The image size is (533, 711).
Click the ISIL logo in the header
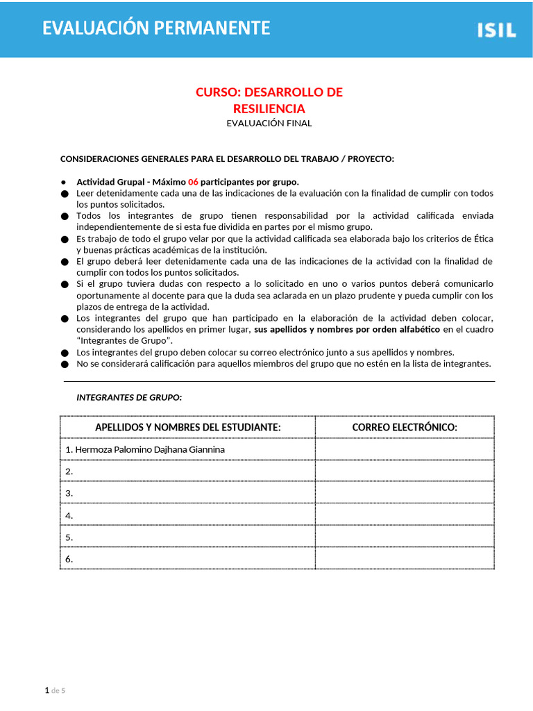point(496,30)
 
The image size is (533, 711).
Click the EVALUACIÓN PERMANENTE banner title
point(156,28)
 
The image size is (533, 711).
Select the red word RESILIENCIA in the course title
point(269,108)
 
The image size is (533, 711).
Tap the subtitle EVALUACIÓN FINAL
point(269,123)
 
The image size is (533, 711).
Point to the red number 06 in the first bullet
point(193,182)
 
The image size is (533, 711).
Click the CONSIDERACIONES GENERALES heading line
point(227,159)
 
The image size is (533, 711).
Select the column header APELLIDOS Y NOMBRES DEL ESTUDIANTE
point(187,427)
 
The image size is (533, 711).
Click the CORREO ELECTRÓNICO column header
point(405,427)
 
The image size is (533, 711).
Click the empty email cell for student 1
point(405,449)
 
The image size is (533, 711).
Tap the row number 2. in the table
point(69,471)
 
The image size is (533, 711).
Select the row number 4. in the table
point(69,516)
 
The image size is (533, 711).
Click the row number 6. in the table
point(69,559)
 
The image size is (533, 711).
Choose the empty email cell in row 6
point(405,559)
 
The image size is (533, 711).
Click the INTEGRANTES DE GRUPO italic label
point(129,397)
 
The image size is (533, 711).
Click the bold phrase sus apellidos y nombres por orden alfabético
point(347,329)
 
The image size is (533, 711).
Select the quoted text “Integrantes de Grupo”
point(124,340)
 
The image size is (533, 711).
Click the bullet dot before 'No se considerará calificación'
point(65,364)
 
